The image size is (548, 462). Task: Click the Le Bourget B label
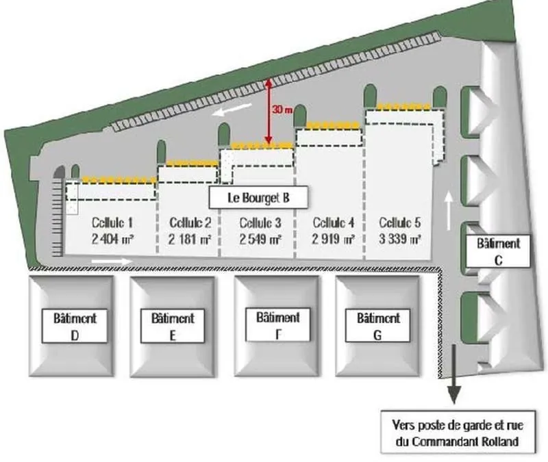259,198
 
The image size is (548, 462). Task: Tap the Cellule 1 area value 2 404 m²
112,240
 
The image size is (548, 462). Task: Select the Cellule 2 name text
190,223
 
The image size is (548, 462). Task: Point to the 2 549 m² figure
260,240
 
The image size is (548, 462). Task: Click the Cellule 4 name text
334,223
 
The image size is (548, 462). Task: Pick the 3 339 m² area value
400,240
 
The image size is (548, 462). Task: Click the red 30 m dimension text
282,110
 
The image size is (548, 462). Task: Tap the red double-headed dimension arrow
269,112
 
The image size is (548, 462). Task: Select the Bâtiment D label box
75,326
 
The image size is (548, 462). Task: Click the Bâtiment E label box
173,326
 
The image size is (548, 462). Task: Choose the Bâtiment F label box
278,324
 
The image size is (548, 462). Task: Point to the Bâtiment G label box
378,326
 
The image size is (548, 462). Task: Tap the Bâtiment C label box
499,251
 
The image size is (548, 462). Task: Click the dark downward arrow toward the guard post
454,374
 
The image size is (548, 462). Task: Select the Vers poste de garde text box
458,433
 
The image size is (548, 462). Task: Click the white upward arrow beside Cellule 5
449,210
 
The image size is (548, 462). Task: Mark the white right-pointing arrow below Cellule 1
112,261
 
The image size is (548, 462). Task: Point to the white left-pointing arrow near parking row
232,110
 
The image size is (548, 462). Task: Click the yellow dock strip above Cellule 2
192,163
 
